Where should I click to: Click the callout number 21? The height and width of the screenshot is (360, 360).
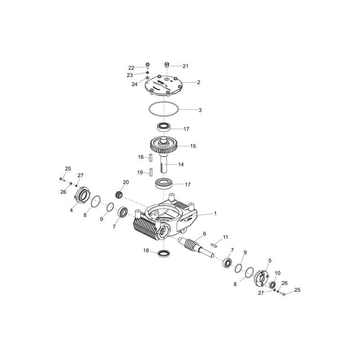(185, 66)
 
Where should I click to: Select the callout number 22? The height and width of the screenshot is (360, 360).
(131, 68)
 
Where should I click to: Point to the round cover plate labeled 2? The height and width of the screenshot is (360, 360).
(163, 85)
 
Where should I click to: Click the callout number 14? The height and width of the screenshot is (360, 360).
(181, 164)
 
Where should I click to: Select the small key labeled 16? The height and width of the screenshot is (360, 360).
(151, 158)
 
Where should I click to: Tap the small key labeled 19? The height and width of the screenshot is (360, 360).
(151, 172)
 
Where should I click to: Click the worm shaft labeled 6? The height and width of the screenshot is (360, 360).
(196, 247)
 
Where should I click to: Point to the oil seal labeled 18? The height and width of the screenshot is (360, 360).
(164, 253)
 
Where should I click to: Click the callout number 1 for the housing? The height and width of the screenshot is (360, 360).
(215, 213)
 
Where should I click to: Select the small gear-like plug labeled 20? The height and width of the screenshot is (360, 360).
(118, 195)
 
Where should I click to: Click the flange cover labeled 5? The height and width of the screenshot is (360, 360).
(261, 278)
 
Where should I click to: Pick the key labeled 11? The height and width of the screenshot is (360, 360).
(214, 245)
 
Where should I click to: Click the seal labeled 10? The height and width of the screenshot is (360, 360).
(273, 284)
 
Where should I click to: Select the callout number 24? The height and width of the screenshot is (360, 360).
(135, 84)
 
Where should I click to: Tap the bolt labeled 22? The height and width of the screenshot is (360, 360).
(148, 66)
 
